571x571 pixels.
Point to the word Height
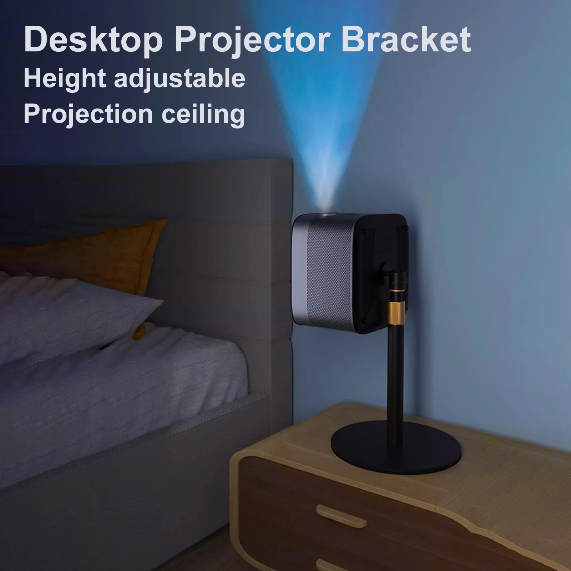[x=64, y=80]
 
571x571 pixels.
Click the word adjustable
[x=180, y=80]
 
